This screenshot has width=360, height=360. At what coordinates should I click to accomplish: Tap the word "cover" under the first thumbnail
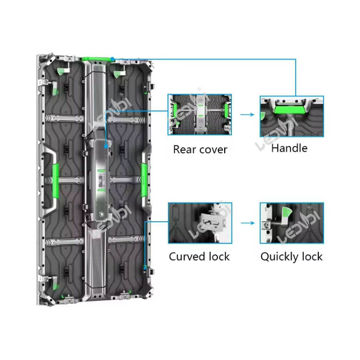click(213, 149)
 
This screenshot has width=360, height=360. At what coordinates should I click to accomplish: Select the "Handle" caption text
click(289, 148)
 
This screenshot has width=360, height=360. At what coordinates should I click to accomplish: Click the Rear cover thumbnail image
click(199, 115)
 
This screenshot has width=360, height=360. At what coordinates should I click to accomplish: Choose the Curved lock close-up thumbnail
click(200, 222)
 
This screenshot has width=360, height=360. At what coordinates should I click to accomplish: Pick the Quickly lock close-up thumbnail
click(292, 222)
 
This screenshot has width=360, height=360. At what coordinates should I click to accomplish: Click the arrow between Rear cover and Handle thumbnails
click(246, 115)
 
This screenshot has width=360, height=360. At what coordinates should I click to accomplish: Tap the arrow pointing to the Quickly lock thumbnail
click(246, 223)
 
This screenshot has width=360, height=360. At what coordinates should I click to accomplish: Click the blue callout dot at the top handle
click(112, 59)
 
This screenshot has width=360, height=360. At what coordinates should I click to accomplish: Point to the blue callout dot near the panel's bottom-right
click(145, 266)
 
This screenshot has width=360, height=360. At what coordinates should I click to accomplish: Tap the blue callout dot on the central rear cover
click(105, 143)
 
